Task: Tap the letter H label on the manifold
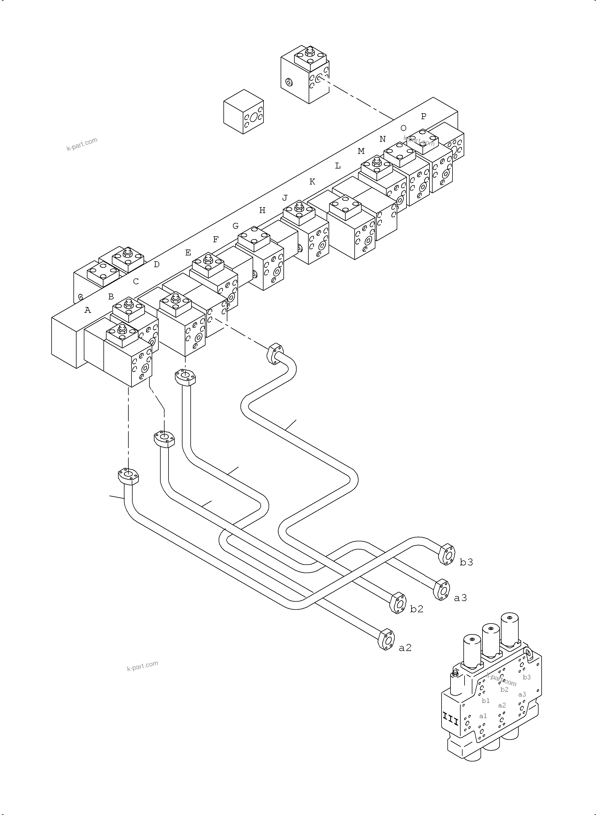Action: [262, 210]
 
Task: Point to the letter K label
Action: [312, 182]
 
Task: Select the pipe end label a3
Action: [460, 598]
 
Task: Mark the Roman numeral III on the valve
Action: [450, 721]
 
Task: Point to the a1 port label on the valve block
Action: [483, 716]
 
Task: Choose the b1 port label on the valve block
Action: [486, 701]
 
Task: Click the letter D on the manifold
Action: [156, 264]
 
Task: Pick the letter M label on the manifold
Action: [361, 151]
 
